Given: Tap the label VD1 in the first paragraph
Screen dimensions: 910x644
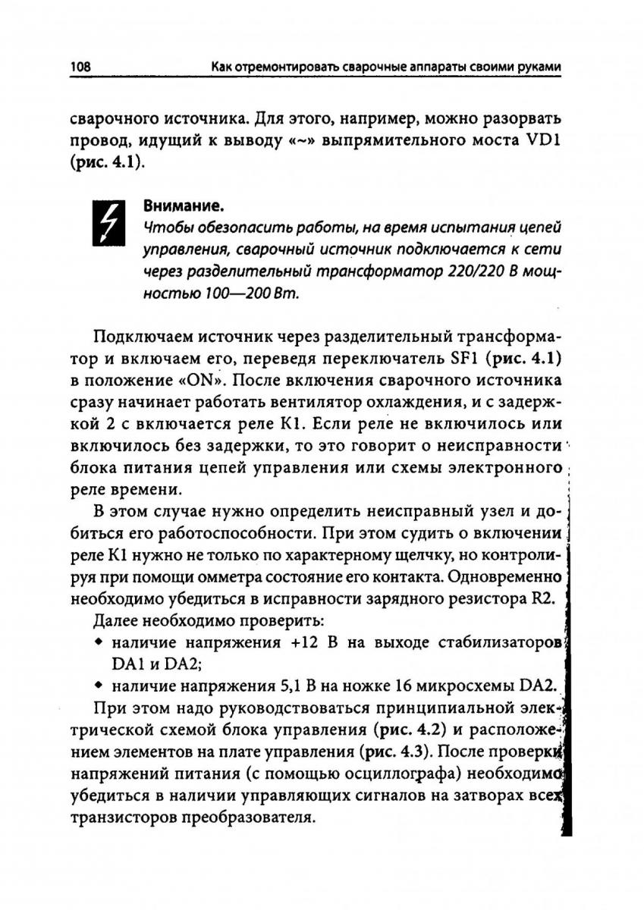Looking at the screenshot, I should (539, 142).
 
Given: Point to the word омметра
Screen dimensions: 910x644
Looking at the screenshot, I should (210, 577).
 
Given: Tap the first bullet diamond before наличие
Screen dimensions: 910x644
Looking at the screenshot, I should (99, 642).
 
